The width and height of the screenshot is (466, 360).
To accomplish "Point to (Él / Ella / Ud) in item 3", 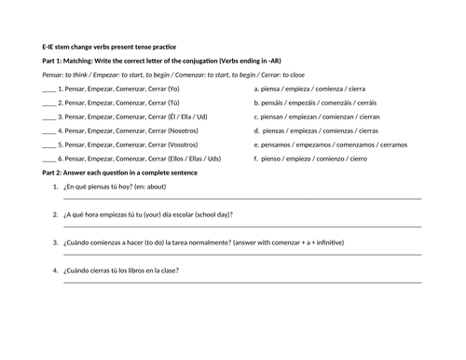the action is (186, 118).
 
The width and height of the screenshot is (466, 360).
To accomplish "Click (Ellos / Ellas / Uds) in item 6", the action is (194, 159).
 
